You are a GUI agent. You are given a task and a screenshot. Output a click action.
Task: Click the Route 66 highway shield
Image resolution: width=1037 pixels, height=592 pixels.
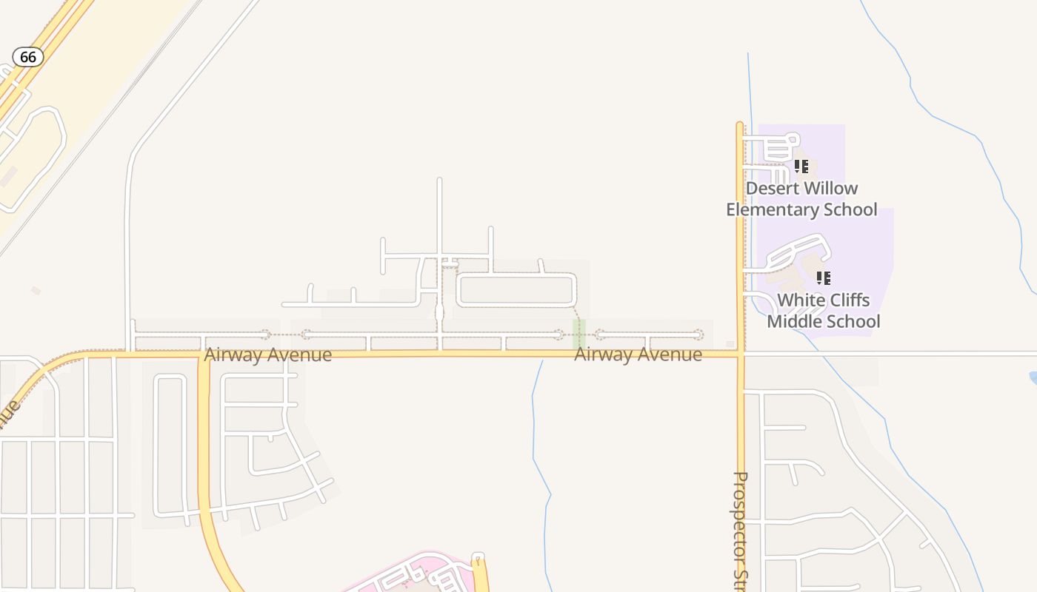point(28,57)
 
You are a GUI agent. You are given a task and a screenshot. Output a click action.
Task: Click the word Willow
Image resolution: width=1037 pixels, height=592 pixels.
point(832,189)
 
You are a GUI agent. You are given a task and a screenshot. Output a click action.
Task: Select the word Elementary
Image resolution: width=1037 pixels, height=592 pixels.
point(778,209)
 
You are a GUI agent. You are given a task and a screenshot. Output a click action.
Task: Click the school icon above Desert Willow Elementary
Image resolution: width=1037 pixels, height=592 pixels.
point(801,166)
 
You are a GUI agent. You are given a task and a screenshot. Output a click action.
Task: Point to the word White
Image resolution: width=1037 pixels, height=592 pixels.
point(801,300)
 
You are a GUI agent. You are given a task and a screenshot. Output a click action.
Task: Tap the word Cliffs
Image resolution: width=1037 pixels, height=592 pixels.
point(850,300)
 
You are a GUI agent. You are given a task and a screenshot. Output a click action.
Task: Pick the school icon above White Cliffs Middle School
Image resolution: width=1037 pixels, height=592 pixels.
point(823,278)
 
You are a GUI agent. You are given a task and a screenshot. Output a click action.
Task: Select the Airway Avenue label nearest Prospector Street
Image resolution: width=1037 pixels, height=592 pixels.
point(638,355)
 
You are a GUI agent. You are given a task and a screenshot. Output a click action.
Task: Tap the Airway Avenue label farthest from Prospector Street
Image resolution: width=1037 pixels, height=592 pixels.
point(267,355)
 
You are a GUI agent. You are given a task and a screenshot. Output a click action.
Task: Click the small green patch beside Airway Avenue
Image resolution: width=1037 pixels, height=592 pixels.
point(579,333)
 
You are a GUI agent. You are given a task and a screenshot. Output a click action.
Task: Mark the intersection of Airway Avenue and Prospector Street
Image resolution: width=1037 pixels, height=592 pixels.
point(740,354)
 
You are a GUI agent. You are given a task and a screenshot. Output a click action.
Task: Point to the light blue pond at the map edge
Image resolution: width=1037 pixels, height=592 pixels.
point(1033,378)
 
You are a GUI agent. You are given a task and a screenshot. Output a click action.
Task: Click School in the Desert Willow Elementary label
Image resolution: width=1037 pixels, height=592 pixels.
point(852,209)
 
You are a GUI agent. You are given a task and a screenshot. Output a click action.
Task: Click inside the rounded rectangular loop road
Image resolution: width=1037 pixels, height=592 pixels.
point(516,290)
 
